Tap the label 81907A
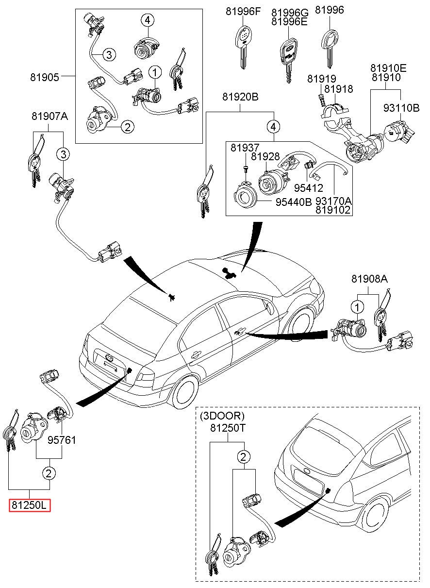(50, 117)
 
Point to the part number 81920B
(240, 97)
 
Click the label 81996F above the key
(243, 11)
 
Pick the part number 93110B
(401, 108)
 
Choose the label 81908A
(369, 279)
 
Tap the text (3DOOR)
(223, 416)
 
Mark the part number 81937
(245, 148)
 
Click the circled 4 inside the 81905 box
(148, 20)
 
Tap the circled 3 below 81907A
(63, 154)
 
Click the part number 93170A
(334, 201)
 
